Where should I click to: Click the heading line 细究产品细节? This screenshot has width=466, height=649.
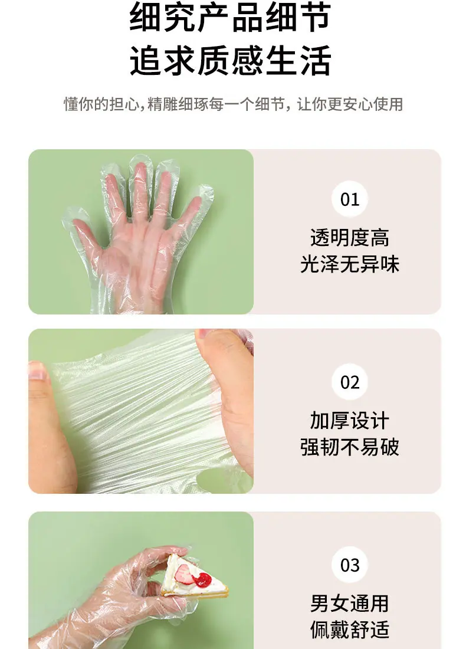[230, 17]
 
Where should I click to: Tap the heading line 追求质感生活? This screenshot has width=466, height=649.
[230, 61]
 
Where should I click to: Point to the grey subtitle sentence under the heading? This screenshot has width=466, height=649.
[233, 104]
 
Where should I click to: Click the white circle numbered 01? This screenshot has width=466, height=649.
[350, 199]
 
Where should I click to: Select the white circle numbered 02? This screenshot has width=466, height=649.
[350, 382]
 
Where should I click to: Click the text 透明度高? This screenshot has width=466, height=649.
[350, 238]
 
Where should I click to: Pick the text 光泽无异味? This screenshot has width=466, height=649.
[350, 264]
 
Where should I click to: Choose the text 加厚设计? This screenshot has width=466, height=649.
[350, 421]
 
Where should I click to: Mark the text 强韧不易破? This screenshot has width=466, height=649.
[350, 447]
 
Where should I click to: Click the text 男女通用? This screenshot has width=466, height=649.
[350, 604]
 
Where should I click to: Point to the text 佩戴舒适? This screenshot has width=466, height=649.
[350, 630]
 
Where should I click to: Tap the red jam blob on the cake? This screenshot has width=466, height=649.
[203, 579]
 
